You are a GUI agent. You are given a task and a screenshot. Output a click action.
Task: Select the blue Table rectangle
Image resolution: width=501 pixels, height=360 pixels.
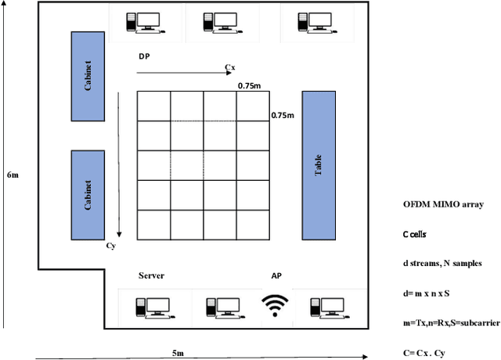319,165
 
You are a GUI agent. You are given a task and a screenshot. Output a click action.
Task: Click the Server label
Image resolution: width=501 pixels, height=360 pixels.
151,275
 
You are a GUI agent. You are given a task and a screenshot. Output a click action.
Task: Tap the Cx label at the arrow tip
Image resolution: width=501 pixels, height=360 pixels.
230,68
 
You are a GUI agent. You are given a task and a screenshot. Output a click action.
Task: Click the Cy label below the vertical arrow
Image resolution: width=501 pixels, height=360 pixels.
110,245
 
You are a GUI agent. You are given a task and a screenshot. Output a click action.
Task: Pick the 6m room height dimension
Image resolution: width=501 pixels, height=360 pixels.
13,175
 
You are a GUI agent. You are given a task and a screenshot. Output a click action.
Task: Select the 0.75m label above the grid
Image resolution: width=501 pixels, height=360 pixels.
250,86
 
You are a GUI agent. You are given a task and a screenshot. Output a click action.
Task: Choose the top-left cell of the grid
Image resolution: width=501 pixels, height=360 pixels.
153,106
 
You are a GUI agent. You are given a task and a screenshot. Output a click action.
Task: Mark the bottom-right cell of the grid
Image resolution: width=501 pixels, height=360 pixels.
253,224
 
